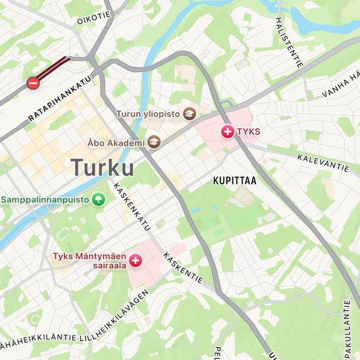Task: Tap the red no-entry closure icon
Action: (x=32, y=83)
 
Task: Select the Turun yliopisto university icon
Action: (x=189, y=114)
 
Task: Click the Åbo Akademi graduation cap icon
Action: (x=155, y=142)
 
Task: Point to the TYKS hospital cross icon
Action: (x=228, y=131)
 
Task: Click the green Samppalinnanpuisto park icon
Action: (x=99, y=199)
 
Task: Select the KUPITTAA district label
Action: (x=234, y=181)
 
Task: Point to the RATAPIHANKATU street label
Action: (x=59, y=99)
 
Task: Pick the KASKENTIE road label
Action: (x=183, y=269)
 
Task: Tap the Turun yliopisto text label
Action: (x=149, y=114)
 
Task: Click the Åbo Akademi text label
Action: (x=116, y=143)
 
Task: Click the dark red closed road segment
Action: (x=53, y=68)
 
